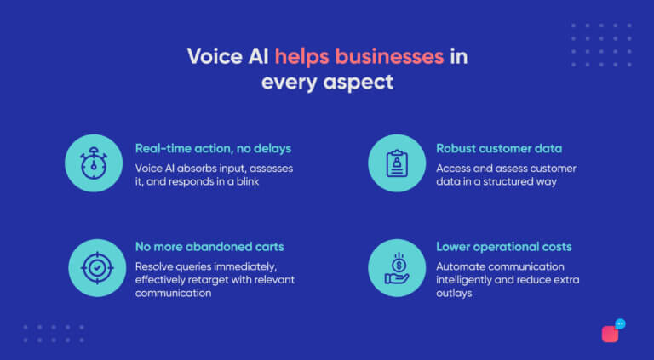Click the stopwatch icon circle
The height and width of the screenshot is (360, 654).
coord(94,163)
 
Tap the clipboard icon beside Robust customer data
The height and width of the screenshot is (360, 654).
coord(397,163)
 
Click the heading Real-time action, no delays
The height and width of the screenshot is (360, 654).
coord(213,149)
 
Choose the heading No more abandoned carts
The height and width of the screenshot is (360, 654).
coord(209,247)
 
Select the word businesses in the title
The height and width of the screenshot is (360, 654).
coord(390,57)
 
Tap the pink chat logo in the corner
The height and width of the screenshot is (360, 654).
coord(611,332)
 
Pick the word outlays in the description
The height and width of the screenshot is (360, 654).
coord(456,293)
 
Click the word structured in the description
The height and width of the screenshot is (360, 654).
coord(510,182)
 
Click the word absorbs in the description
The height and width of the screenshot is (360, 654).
coord(196,168)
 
